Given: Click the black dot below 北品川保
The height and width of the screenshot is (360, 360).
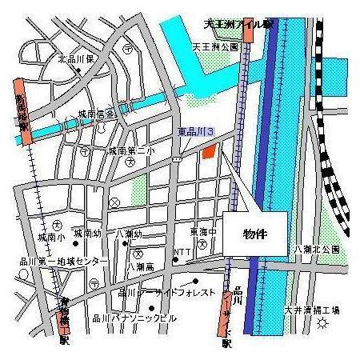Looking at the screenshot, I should click(x=78, y=70).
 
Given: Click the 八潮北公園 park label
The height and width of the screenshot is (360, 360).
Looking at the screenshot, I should click(x=317, y=250).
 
